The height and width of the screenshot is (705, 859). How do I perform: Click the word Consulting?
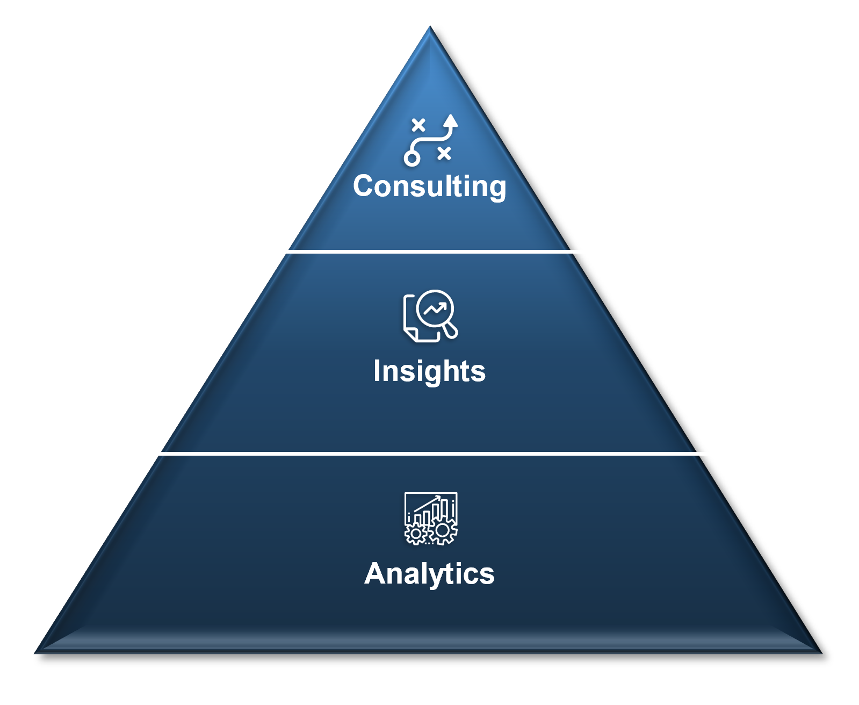tap(429, 186)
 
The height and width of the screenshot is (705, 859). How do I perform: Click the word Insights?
tap(429, 371)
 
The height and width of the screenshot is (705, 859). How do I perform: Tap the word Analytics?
tap(429, 574)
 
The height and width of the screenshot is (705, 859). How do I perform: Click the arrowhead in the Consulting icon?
tap(451, 120)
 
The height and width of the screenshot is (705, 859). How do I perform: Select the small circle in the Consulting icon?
tap(412, 158)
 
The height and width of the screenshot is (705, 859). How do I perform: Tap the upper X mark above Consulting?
tap(418, 125)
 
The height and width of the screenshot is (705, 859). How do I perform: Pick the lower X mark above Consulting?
tap(444, 154)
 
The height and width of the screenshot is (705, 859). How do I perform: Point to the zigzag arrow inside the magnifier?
tap(435, 310)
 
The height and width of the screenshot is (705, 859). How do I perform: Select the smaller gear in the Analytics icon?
tap(415, 534)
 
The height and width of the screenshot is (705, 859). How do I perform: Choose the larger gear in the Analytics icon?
tap(443, 530)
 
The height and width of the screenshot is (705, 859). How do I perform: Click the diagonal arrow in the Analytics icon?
tap(427, 503)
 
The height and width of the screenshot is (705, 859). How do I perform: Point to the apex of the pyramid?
tap(430, 26)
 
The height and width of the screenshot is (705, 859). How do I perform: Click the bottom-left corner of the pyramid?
tap(35, 653)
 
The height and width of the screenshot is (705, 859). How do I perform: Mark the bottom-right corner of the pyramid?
tap(822, 653)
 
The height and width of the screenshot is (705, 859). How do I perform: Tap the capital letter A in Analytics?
tap(376, 573)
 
